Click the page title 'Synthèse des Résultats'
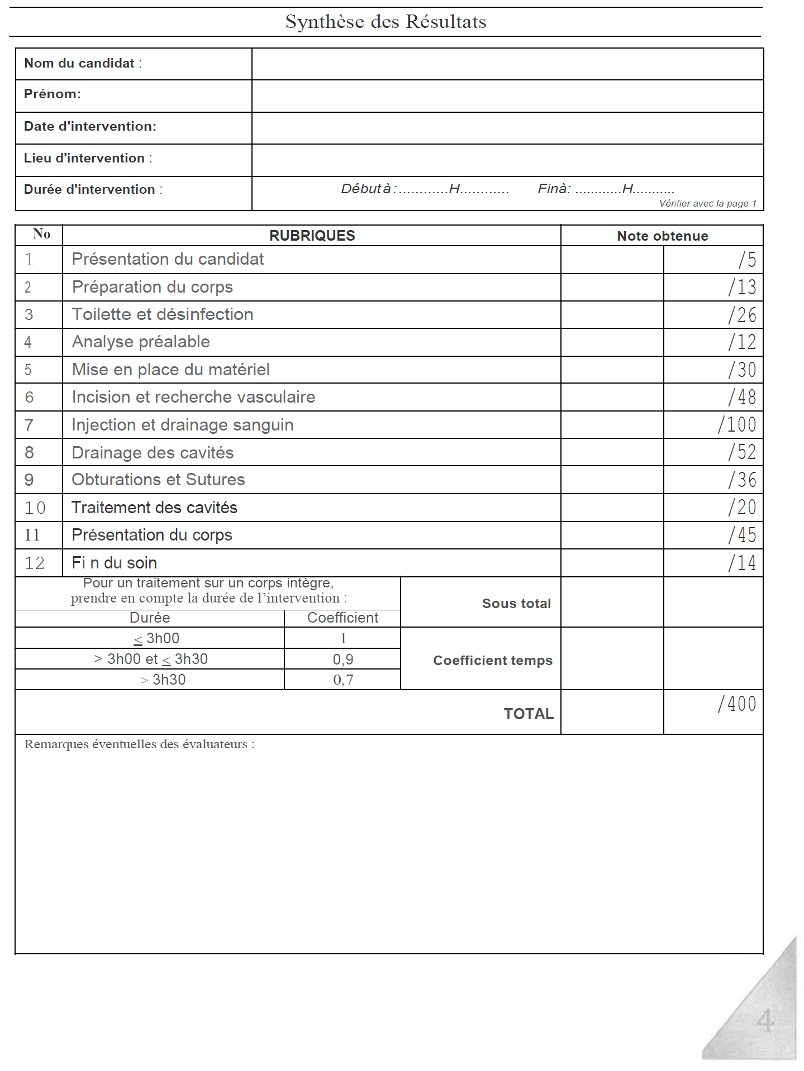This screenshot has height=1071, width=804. pyautogui.click(x=386, y=22)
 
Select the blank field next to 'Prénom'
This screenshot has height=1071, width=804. pyautogui.click(x=507, y=95)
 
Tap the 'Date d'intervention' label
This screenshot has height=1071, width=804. pyautogui.click(x=90, y=126)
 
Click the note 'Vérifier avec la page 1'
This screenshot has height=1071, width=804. pyautogui.click(x=707, y=203)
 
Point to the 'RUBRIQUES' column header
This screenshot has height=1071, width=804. pyautogui.click(x=312, y=236)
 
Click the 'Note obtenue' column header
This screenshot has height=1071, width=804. pyautogui.click(x=662, y=236)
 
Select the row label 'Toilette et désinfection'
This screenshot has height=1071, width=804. pyautogui.click(x=163, y=314)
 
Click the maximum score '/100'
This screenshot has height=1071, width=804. pyautogui.click(x=737, y=425)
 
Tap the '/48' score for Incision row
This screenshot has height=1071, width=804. pyautogui.click(x=742, y=397)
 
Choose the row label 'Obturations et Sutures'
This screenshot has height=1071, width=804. pyautogui.click(x=158, y=480)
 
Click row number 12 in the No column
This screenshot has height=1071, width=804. pyautogui.click(x=35, y=563)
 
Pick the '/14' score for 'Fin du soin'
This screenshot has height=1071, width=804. pyautogui.click(x=742, y=563)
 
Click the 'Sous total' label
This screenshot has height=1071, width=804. pyautogui.click(x=516, y=604)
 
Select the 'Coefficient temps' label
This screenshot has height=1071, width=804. pyautogui.click(x=493, y=661)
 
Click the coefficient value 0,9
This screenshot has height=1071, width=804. pyautogui.click(x=342, y=659)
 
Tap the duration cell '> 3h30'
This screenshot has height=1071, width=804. pyautogui.click(x=163, y=680)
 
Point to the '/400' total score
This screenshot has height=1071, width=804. pyautogui.click(x=737, y=704)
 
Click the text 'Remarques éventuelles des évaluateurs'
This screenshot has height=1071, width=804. pyautogui.click(x=139, y=744)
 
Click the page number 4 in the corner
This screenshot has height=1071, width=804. pyautogui.click(x=765, y=1021)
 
